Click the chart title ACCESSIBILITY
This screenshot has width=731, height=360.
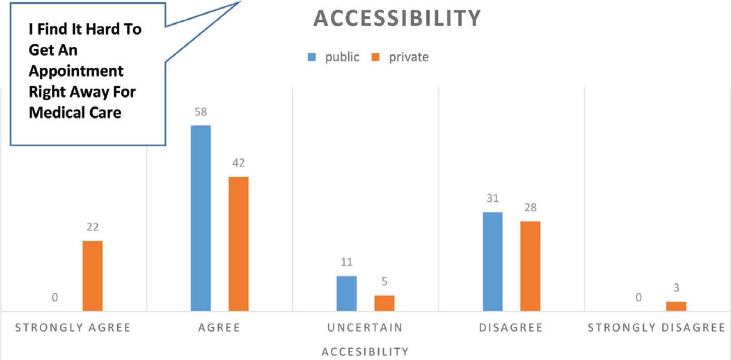click(397, 18)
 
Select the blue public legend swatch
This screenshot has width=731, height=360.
click(311, 57)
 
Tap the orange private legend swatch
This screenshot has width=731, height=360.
click(376, 57)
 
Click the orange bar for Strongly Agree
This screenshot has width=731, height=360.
click(92, 276)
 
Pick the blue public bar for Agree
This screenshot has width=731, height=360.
click(201, 218)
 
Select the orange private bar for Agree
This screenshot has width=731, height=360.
click(238, 244)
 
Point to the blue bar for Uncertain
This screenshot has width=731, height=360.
click(347, 293)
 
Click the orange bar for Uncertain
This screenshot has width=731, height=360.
click(384, 303)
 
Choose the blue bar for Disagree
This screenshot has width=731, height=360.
click(493, 261)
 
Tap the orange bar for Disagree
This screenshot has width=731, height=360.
click(530, 266)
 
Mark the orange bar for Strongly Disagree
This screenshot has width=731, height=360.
click(676, 306)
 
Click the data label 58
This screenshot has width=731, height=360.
click(201, 112)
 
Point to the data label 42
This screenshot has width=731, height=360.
click(238, 163)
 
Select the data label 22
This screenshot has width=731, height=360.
click(92, 227)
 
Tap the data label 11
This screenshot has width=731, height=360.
click(347, 262)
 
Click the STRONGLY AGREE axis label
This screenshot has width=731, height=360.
click(73, 327)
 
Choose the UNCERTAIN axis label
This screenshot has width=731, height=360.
click(365, 327)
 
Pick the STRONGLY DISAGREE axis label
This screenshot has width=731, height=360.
click(656, 327)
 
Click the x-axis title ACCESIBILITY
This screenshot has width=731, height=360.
click(365, 352)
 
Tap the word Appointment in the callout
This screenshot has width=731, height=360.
click(76, 71)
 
